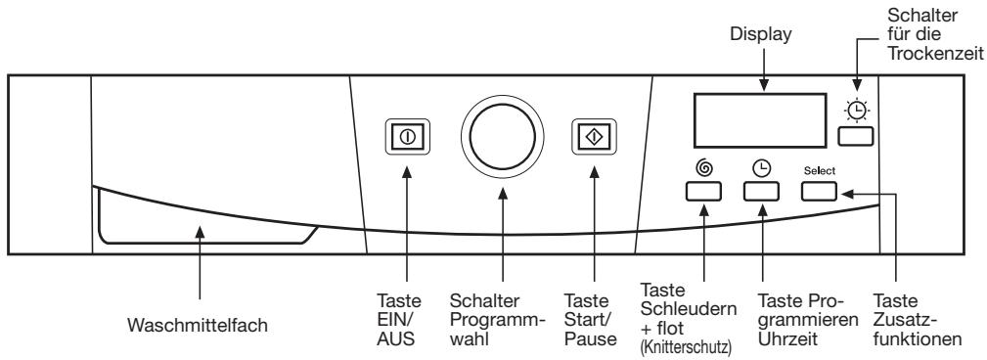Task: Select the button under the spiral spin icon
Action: pos(702,192)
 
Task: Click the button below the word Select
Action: pos(819,192)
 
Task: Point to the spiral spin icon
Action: pos(702,169)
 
